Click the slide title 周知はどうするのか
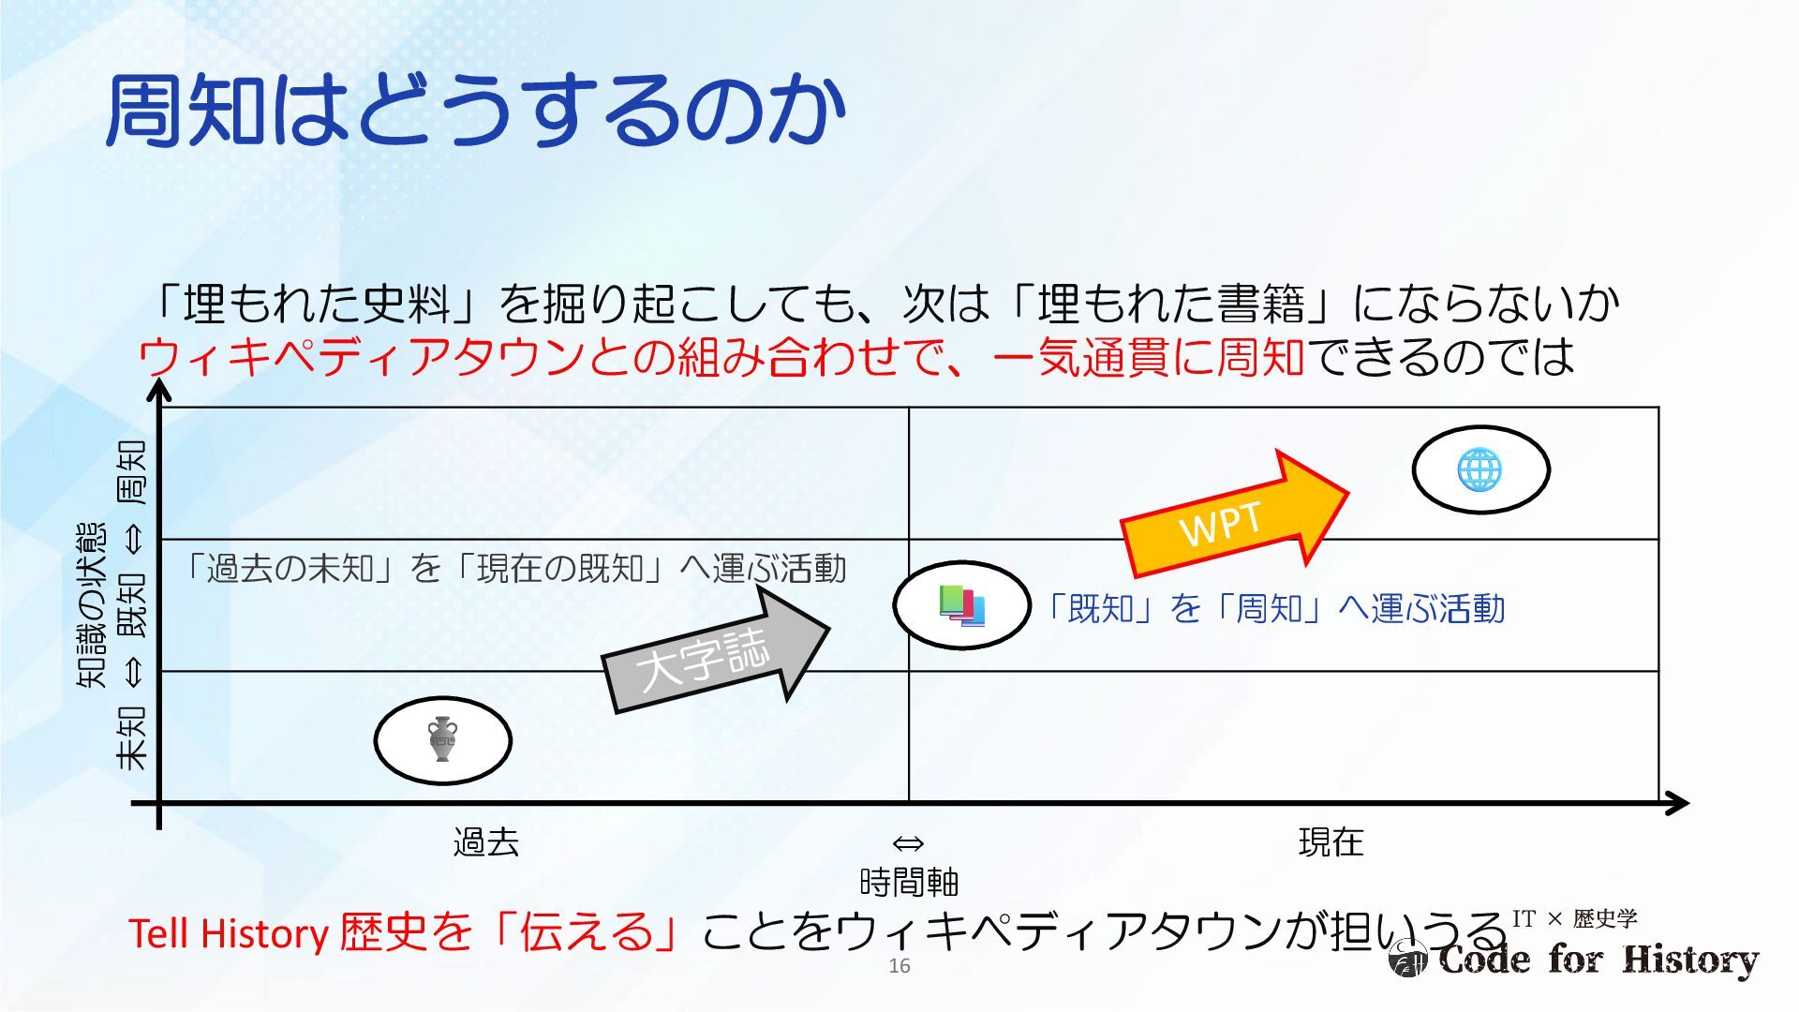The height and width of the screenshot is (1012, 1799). [x=476, y=111]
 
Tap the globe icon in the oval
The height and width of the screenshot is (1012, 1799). [x=1479, y=469]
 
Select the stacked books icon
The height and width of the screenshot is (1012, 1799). [x=961, y=605]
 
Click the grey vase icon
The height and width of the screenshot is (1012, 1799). [x=442, y=739]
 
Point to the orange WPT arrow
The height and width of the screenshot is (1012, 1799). [x=1231, y=517]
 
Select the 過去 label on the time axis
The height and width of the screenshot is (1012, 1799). [x=485, y=842]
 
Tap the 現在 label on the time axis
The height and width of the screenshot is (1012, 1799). [x=1331, y=842]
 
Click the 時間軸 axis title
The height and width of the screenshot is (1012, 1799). [x=908, y=882]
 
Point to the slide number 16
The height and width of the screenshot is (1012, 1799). [x=899, y=966]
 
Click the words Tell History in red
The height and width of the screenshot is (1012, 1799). [x=228, y=933]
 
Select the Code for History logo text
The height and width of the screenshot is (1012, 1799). [x=1598, y=960]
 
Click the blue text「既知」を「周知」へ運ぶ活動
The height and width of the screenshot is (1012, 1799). [x=1275, y=609]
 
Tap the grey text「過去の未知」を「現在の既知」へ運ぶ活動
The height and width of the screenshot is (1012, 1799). [x=514, y=568]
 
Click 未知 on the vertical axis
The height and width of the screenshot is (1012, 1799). [x=131, y=737]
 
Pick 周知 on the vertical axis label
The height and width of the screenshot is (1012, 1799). [x=131, y=471]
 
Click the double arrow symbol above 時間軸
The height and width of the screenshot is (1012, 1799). [x=908, y=843]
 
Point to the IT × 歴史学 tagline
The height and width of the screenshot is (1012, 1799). [x=1574, y=918]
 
